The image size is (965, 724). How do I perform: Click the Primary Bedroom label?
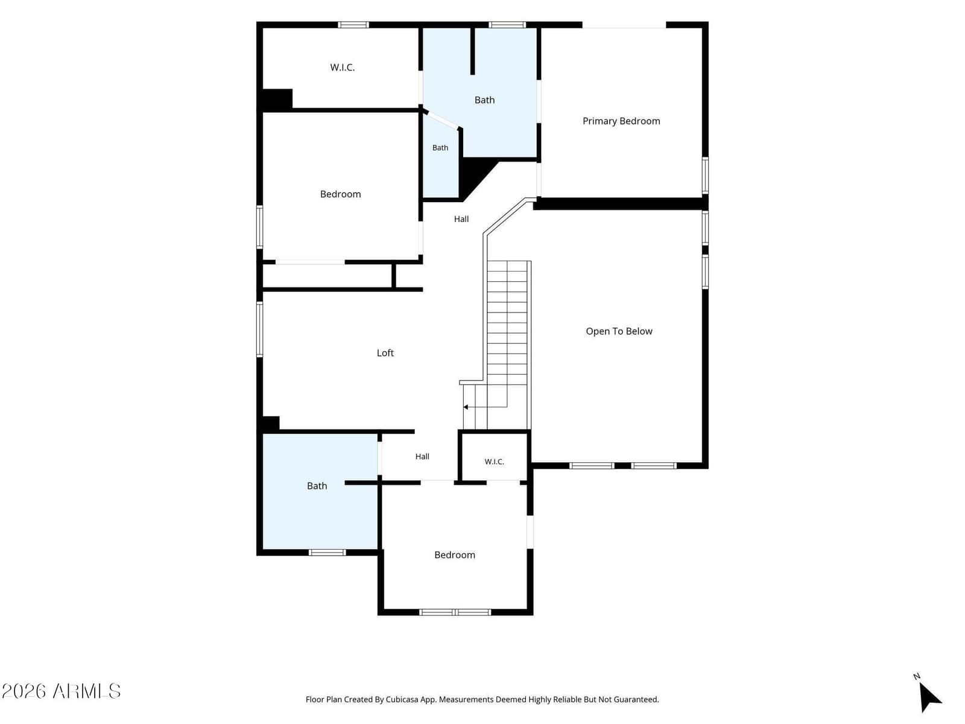pos(621,121)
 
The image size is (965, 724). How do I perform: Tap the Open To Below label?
pos(619,331)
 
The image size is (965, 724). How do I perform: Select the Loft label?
pos(385,353)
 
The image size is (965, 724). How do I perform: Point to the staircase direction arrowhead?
pos(466,407)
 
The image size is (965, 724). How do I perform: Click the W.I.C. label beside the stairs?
pos(494,462)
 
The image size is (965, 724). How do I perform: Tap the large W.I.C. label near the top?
pos(343,67)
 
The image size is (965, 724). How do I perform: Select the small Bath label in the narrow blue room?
pos(440,148)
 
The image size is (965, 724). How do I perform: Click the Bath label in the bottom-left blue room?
pos(317,486)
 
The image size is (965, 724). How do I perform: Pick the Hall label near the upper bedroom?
pos(461,219)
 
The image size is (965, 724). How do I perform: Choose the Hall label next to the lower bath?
pos(422,456)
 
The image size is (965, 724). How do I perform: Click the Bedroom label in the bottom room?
pos(455,554)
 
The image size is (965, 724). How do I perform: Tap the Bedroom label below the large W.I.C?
pos(340,194)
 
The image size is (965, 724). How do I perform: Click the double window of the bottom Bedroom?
pos(455,612)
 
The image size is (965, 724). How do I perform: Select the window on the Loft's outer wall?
pos(260,329)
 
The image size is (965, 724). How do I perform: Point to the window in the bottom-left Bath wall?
pos(327,553)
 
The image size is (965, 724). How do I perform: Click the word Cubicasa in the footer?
pos(402,699)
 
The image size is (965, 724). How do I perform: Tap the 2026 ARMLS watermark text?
pos(61,691)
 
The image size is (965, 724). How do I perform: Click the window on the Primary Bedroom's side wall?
pos(705,176)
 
